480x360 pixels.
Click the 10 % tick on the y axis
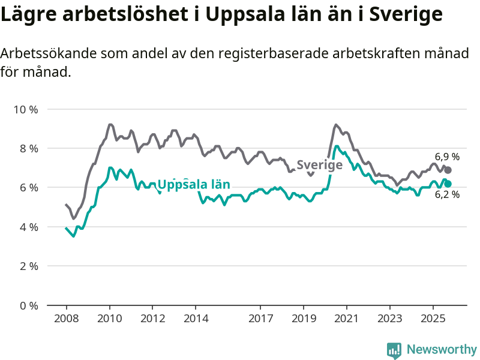coord(25,109)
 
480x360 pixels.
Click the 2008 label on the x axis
coord(66,317)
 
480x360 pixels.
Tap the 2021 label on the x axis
coord(347,317)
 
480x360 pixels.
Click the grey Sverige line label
coord(319,165)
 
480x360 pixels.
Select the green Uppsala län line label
coord(194,184)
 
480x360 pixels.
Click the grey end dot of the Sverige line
coord(448,170)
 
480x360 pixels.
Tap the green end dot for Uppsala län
coord(448,184)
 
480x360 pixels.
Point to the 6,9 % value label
coord(447,157)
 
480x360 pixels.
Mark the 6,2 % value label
coord(447,194)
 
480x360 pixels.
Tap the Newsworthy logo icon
coord(394,349)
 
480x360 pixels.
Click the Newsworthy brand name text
coord(442,349)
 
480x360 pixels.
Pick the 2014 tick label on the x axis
coord(196,317)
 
